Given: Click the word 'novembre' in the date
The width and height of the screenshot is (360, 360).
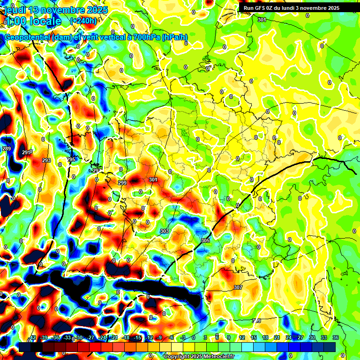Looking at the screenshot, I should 60,10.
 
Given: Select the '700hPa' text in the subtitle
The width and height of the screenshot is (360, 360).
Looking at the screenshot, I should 144,37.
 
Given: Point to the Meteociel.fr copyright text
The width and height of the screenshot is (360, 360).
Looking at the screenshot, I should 199,357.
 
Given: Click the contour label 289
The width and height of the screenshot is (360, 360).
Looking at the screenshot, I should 7,149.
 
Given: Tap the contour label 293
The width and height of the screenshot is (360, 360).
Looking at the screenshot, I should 46,160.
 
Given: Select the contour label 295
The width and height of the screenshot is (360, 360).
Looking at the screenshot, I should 71,160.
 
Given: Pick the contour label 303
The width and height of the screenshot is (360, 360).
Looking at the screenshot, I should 164,231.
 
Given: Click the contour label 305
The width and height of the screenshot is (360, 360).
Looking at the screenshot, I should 205,240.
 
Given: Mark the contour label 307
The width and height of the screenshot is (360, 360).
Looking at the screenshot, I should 238,287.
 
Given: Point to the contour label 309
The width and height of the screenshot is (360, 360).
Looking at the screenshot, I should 256,321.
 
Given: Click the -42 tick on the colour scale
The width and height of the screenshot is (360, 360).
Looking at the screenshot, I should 32,337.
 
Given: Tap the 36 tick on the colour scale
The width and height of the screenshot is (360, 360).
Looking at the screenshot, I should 336,337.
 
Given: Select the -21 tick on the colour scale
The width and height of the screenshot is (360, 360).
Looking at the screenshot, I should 114,337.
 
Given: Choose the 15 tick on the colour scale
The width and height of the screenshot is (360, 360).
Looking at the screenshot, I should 254,337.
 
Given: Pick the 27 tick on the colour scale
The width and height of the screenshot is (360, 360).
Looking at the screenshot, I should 300,337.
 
